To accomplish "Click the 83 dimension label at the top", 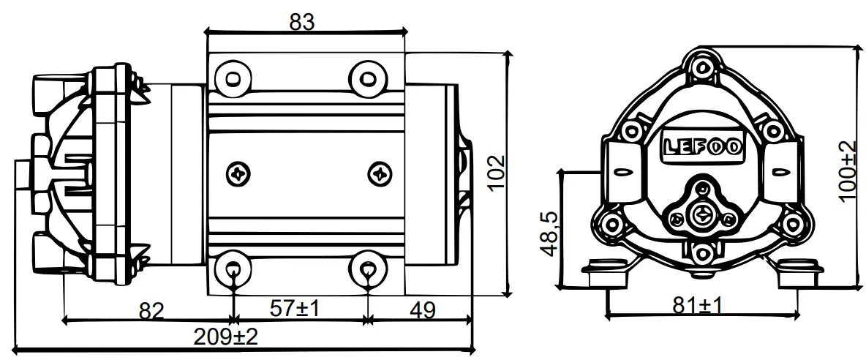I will click(x=302, y=22).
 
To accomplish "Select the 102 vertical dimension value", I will click(x=497, y=173).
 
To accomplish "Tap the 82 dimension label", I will click(x=151, y=310).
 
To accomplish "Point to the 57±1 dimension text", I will click(x=295, y=309).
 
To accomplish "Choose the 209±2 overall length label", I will click(x=225, y=337).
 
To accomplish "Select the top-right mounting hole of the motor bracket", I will click(x=367, y=75).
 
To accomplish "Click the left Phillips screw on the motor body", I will click(x=239, y=173).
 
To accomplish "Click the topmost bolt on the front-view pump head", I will click(x=703, y=68).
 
